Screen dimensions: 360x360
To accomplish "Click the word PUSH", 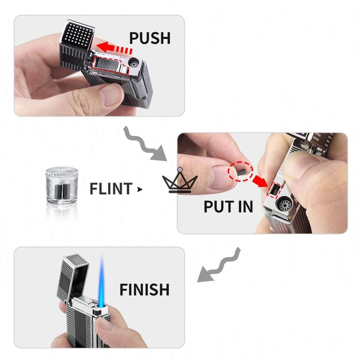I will (x=150, y=38).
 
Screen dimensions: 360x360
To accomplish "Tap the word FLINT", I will (x=110, y=189).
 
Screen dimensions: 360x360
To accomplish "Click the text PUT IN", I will (x=228, y=207).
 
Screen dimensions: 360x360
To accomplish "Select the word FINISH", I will (x=144, y=290).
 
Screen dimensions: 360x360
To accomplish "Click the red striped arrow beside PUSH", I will (x=115, y=47).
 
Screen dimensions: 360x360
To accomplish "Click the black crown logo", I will (x=180, y=183).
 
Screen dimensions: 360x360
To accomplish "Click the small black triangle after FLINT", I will (x=140, y=190).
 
